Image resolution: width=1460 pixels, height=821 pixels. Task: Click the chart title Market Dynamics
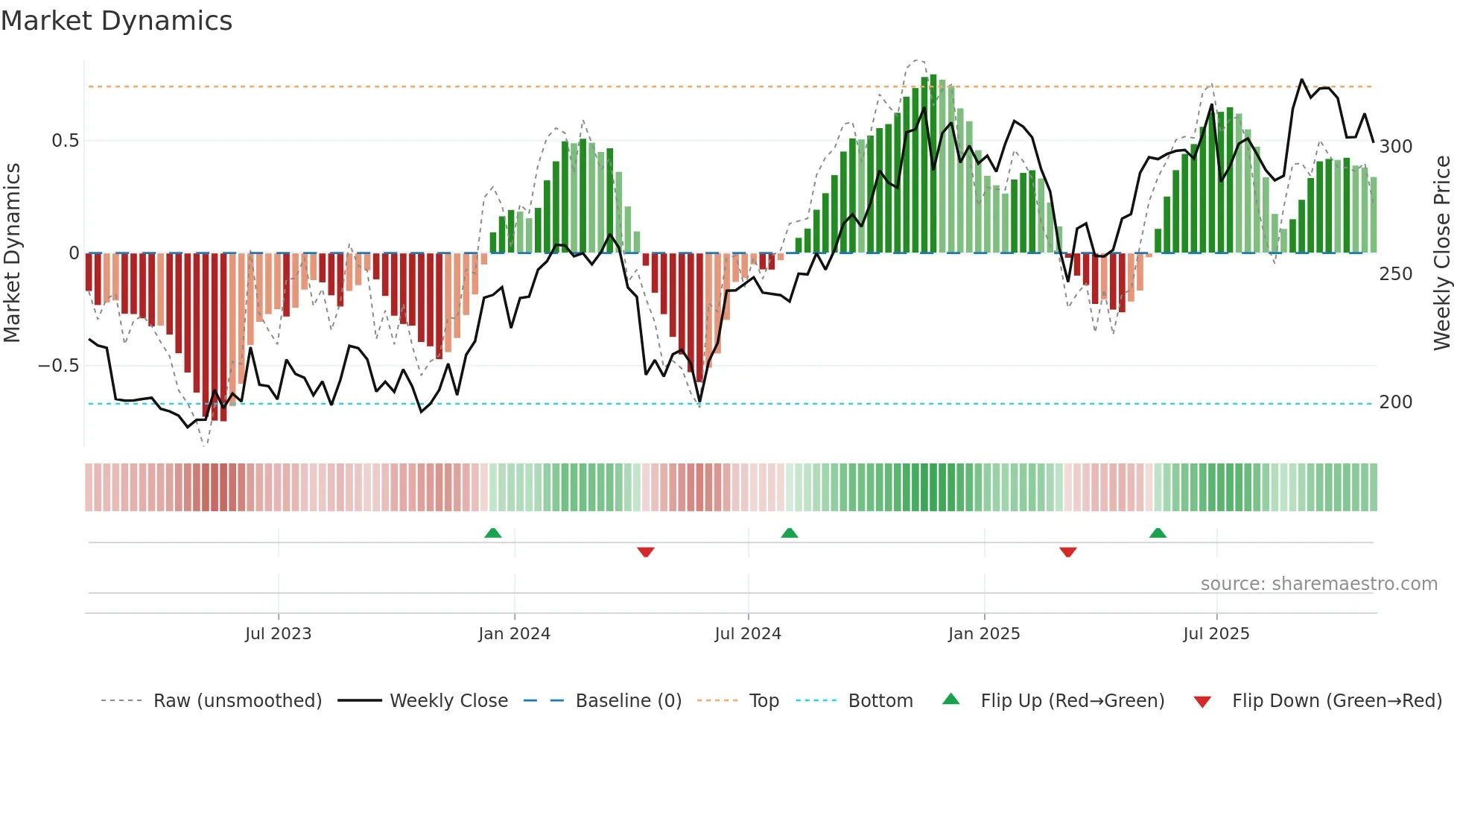[x=117, y=21]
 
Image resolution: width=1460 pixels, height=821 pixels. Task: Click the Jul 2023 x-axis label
[x=278, y=634]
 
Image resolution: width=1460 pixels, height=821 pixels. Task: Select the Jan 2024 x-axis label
[x=514, y=634]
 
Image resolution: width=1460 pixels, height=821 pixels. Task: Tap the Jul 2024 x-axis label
[x=748, y=634]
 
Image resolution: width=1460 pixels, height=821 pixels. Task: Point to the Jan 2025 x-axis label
[x=984, y=634]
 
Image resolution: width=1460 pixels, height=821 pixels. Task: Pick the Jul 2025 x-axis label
[x=1216, y=634]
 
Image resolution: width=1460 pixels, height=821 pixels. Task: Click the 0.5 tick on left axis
[x=66, y=141]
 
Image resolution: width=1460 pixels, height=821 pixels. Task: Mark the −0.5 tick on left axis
[x=59, y=366]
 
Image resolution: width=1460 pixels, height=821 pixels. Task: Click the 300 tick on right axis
[x=1396, y=147]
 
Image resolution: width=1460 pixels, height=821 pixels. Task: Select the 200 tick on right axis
[x=1396, y=402]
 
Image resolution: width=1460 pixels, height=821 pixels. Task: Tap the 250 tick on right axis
[x=1396, y=274]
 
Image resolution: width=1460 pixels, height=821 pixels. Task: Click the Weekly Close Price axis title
[x=1443, y=253]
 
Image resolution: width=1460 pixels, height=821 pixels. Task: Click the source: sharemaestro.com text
[x=1318, y=584]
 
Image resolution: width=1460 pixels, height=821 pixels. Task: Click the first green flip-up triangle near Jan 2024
[x=493, y=533]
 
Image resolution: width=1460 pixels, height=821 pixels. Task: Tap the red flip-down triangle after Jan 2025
[x=1068, y=552]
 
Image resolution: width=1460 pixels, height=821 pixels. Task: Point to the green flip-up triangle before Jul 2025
[x=1158, y=533]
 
